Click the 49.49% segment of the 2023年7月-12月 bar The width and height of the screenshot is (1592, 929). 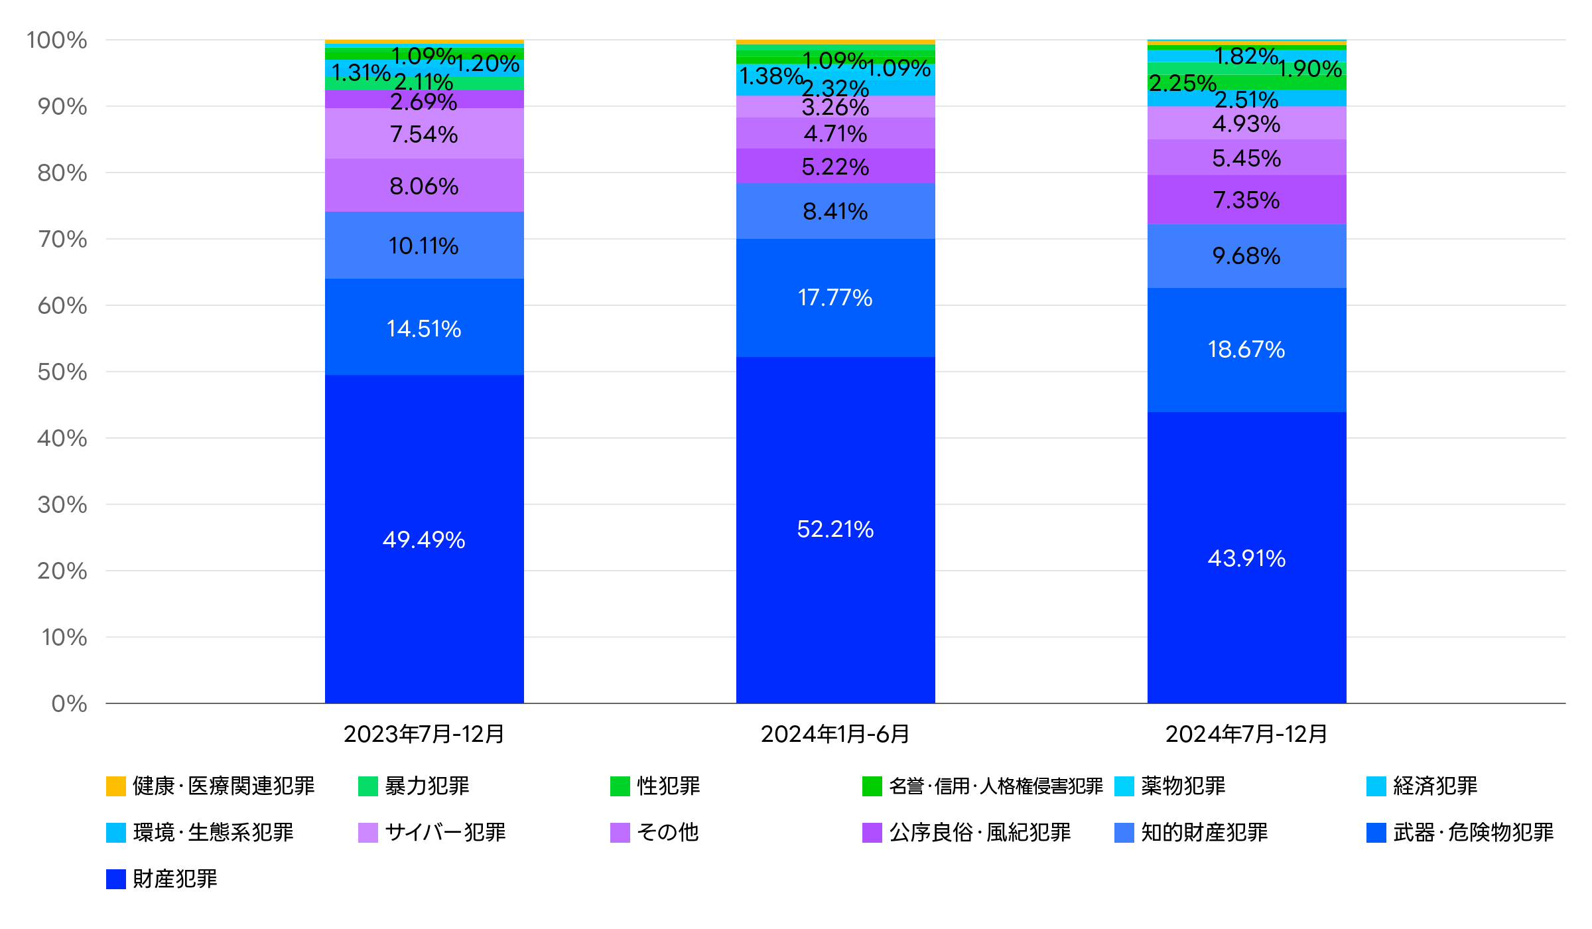coord(425,539)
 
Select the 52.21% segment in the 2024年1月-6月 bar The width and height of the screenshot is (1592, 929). coord(835,529)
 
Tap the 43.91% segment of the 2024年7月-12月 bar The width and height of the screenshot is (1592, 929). coord(1246,558)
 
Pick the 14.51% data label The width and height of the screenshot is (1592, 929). coord(424,328)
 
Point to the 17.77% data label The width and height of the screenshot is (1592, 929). coord(835,297)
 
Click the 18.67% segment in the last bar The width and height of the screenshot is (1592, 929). coord(1246,349)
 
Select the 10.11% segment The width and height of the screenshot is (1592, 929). coord(424,246)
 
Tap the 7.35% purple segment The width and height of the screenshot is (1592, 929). coord(1246,200)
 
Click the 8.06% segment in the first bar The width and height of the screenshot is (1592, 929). coord(424,186)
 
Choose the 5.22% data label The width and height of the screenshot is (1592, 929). coord(835,167)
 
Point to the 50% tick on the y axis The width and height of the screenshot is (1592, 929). coord(62,372)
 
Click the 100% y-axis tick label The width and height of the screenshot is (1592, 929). coord(57,40)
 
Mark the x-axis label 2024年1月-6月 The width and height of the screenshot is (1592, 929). coord(835,734)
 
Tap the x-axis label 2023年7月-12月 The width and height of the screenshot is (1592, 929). coord(424,734)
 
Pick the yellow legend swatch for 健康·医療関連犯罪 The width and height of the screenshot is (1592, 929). coord(116,786)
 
